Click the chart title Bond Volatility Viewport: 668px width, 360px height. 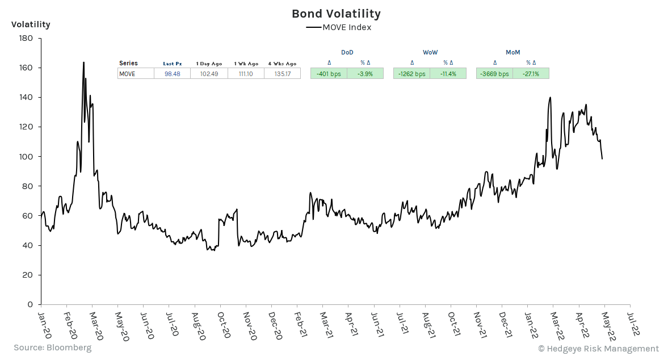pos(336,14)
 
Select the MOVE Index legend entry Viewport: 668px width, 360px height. pos(339,27)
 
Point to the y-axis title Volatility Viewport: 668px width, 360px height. pos(31,24)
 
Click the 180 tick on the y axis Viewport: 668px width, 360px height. pos(26,39)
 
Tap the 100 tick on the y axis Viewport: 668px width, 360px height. pos(26,157)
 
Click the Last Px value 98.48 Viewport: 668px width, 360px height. pos(172,74)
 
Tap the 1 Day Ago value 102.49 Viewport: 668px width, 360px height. pos(209,74)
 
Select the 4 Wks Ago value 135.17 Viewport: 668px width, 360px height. pos(282,74)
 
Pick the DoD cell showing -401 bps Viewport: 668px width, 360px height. pos(329,74)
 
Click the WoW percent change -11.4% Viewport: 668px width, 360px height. pos(448,74)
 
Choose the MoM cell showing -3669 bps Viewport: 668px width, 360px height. pos(494,74)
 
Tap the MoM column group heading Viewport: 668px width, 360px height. pos(512,52)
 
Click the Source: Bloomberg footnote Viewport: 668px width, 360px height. pos(52,348)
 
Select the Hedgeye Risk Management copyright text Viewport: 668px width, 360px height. pos(598,349)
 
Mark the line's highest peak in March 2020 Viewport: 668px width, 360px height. pos(83,62)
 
